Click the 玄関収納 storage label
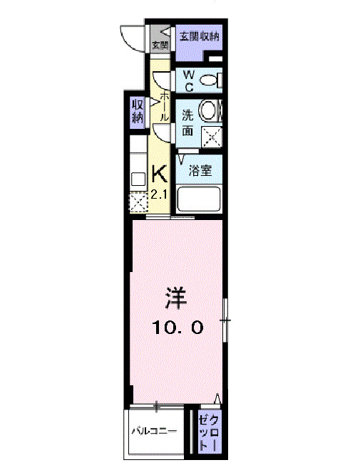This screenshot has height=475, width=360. click(x=199, y=37)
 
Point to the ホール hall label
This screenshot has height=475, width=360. click(x=165, y=106)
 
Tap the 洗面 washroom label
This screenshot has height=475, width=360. click(x=187, y=122)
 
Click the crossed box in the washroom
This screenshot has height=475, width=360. click(x=212, y=135)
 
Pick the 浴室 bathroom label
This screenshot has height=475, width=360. click(x=199, y=171)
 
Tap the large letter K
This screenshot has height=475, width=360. click(x=159, y=174)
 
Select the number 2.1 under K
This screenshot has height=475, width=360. click(x=159, y=194)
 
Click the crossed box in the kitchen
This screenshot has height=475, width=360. click(x=138, y=203)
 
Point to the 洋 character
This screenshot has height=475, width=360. click(x=177, y=296)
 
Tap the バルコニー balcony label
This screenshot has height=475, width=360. click(x=153, y=432)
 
